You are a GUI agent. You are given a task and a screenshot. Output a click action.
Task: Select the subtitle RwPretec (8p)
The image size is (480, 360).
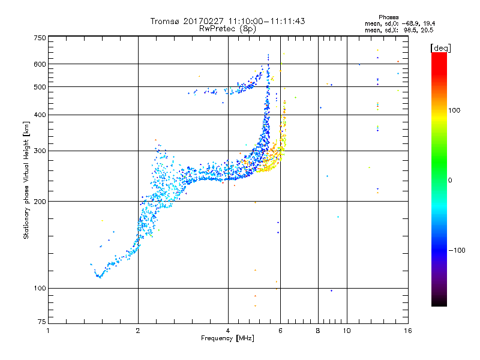227,28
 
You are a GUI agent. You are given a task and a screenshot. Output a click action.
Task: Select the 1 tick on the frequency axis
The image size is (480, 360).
48,331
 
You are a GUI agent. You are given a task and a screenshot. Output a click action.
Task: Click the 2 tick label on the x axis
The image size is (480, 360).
138,331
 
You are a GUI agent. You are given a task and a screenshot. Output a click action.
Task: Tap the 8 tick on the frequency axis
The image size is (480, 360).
318,331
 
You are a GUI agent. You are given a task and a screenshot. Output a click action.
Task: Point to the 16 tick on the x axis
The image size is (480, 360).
407,331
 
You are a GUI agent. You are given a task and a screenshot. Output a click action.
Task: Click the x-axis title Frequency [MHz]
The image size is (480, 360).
227,338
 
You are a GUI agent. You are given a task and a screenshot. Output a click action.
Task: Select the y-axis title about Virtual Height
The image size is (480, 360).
26,180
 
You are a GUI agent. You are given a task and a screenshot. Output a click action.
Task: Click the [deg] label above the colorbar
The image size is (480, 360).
440,47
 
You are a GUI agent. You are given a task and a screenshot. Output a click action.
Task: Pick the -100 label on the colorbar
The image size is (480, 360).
456,250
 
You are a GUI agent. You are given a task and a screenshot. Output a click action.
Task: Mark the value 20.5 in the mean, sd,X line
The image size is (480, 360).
427,29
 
